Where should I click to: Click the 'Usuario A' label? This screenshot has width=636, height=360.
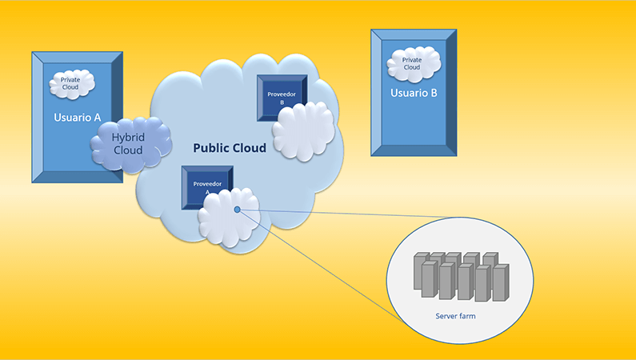pyautogui.click(x=77, y=118)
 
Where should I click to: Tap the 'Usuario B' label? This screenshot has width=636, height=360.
pyautogui.click(x=414, y=93)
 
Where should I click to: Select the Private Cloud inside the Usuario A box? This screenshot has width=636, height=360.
pyautogui.click(x=72, y=83)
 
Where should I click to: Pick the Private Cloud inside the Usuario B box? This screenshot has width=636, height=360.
pyautogui.click(x=414, y=64)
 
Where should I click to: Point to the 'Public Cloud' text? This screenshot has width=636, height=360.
pyautogui.click(x=230, y=148)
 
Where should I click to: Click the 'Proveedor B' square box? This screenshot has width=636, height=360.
pyautogui.click(x=282, y=98)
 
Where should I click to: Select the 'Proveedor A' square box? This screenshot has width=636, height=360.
pyautogui.click(x=207, y=187)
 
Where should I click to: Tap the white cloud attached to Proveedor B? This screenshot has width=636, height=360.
pyautogui.click(x=304, y=130)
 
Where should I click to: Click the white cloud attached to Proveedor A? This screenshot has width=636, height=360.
pyautogui.click(x=229, y=217)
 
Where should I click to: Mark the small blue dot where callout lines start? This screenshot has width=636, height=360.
pyautogui.click(x=238, y=210)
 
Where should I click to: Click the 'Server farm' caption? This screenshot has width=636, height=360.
pyautogui.click(x=455, y=316)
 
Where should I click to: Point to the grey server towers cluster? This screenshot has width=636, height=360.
pyautogui.click(x=462, y=277)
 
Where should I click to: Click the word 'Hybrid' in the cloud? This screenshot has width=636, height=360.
pyautogui.click(x=128, y=138)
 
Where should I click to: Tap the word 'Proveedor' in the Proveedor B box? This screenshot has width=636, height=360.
pyautogui.click(x=282, y=94)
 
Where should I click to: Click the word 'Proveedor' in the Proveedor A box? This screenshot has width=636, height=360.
pyautogui.click(x=207, y=184)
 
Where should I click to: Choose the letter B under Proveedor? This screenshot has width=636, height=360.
pyautogui.click(x=282, y=102)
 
